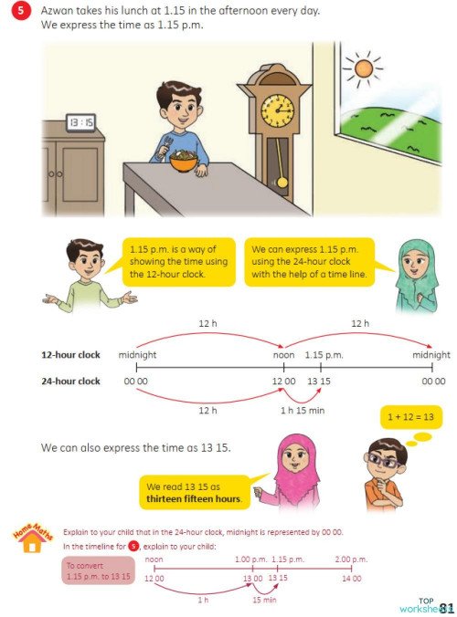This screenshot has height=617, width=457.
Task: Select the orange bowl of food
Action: coord(184,164)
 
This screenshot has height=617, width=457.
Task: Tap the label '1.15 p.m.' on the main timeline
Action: coord(324,354)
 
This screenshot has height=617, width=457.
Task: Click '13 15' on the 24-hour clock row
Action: coord(320,380)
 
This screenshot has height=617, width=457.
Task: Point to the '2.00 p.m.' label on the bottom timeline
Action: coord(351,559)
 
